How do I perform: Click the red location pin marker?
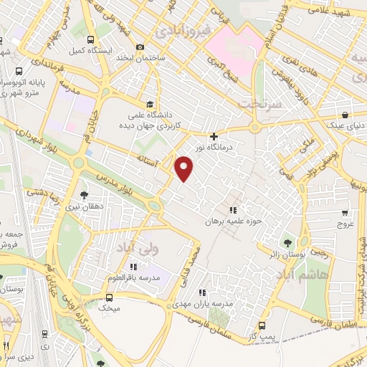(x=184, y=168)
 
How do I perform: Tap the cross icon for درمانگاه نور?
(x=214, y=135)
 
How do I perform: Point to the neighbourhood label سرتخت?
(x=257, y=103)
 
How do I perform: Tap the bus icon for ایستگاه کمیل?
(x=90, y=40)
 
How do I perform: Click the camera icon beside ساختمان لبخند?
(x=140, y=47)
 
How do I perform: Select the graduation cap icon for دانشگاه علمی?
(x=150, y=103)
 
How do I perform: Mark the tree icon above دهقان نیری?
(x=85, y=194)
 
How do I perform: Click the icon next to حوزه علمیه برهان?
(x=232, y=210)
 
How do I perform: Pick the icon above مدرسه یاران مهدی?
(x=202, y=292)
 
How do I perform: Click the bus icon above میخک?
(x=110, y=297)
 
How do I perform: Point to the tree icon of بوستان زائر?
(x=288, y=243)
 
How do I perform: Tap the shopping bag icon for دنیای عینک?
(x=345, y=115)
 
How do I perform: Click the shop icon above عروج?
(x=345, y=213)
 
